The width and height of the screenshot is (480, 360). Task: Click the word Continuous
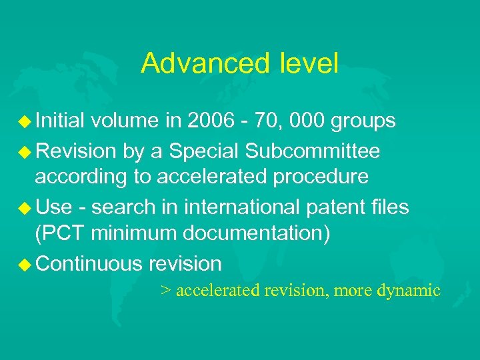pos(89,264)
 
